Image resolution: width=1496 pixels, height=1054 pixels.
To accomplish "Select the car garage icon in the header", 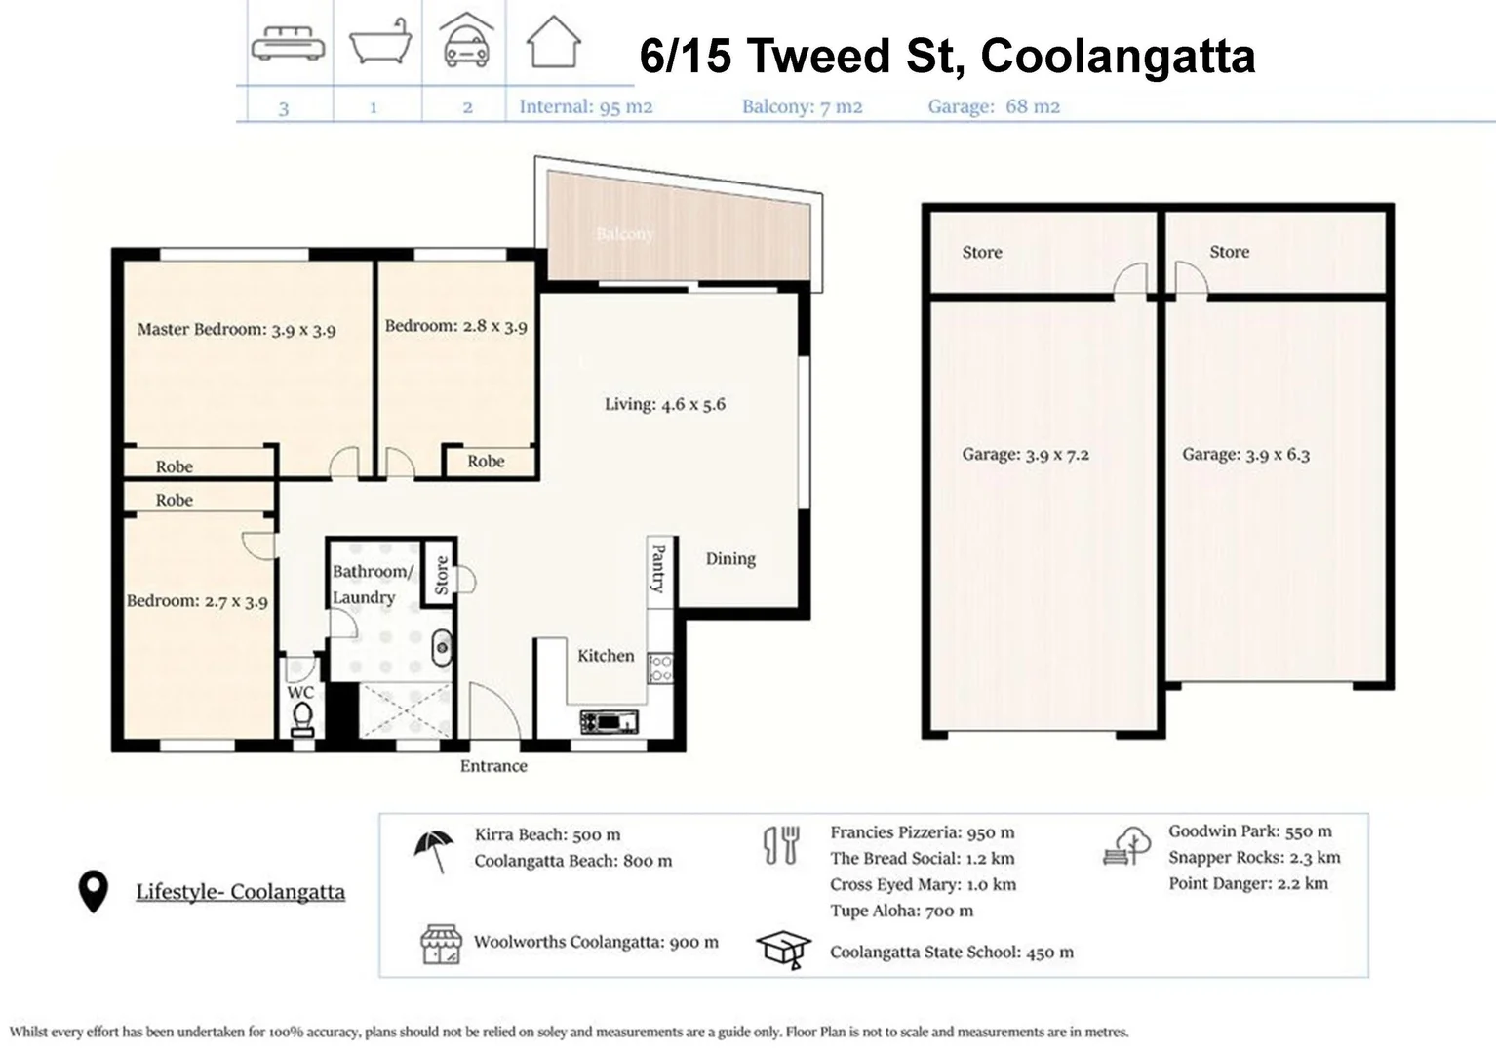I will pos(465,44).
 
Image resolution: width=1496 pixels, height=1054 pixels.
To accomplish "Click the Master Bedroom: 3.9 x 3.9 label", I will pos(236,330).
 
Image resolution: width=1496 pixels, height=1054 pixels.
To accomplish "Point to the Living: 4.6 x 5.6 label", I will pos(664,404).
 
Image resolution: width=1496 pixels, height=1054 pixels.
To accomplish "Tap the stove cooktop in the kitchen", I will pos(661,669).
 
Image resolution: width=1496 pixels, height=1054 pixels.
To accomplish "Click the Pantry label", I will pos(657,568).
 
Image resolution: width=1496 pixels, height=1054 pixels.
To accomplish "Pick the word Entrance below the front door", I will pos(493,766).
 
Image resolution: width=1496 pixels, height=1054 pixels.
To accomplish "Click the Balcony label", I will pos(624,234).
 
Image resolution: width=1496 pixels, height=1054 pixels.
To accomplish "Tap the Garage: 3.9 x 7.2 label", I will pos(1025,454).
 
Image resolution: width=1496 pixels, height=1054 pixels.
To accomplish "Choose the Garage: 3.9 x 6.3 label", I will pos(1245,454).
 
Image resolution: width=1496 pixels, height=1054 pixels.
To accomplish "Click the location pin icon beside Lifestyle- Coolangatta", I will pos(93,892).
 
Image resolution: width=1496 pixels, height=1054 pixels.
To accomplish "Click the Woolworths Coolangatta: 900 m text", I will pos(596,942).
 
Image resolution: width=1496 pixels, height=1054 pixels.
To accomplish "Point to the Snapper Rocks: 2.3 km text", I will pos(1254,858).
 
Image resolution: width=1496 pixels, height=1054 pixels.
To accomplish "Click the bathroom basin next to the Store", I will pos(442,646).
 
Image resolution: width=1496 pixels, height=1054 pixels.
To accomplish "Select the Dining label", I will pos(730,558).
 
